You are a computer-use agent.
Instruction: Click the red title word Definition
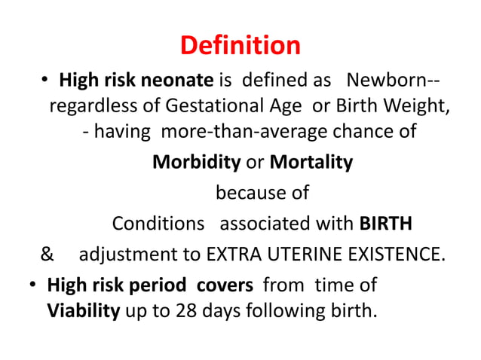click(x=240, y=46)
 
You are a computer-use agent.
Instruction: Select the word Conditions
click(x=158, y=224)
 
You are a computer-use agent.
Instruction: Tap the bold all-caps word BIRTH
click(x=386, y=224)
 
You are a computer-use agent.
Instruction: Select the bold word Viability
click(x=84, y=310)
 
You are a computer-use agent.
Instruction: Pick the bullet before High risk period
click(x=33, y=286)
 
